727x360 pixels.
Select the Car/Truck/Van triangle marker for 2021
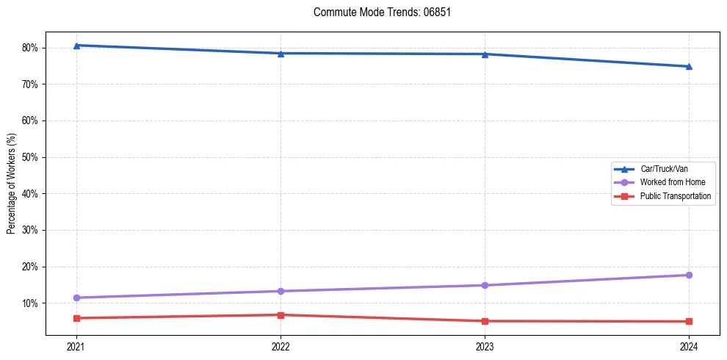pyautogui.click(x=76, y=46)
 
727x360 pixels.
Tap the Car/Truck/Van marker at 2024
pyautogui.click(x=689, y=67)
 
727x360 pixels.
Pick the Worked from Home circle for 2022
pyautogui.click(x=281, y=291)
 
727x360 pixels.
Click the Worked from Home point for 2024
pyautogui.click(x=689, y=275)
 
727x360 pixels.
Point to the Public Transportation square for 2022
pyautogui.click(x=281, y=315)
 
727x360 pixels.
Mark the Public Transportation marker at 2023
pyautogui.click(x=485, y=321)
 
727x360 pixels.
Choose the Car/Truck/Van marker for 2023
pyautogui.click(x=485, y=54)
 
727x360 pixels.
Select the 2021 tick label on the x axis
pyautogui.click(x=76, y=346)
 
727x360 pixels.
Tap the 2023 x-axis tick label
pyautogui.click(x=485, y=346)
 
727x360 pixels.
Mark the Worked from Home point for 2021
pyautogui.click(x=76, y=298)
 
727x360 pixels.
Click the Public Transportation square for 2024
pyautogui.click(x=689, y=321)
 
